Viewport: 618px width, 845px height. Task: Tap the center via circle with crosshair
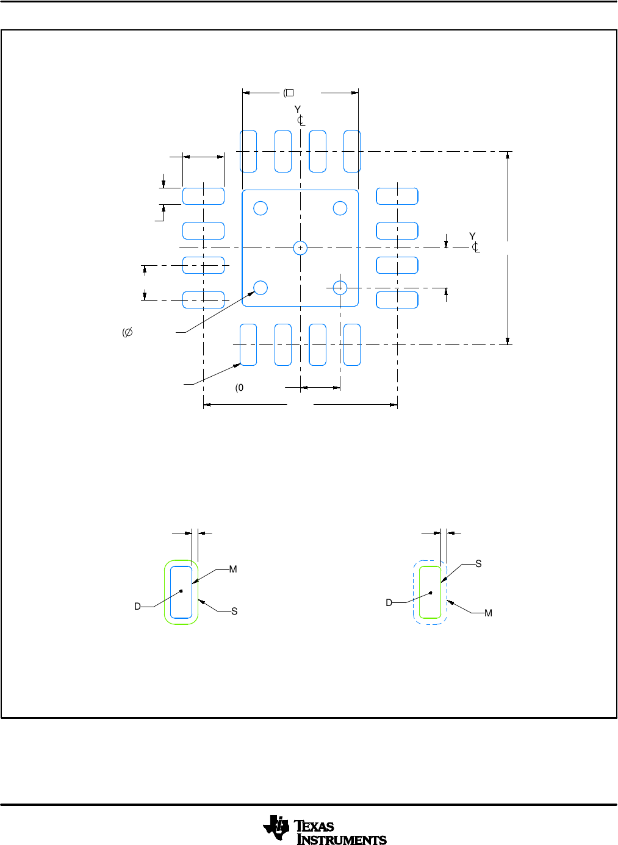(x=300, y=248)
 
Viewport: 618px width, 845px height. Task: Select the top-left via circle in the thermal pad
(x=260, y=209)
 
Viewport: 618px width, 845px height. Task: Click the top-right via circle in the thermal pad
(x=340, y=209)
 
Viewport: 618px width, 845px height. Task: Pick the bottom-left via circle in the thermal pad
(x=260, y=288)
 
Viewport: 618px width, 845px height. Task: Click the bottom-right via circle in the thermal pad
(x=340, y=288)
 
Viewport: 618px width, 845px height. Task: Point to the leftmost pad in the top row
(x=248, y=151)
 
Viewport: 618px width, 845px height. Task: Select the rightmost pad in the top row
(x=352, y=151)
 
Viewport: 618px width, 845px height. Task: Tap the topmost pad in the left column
(x=204, y=196)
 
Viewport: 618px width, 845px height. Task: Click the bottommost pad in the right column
(x=397, y=300)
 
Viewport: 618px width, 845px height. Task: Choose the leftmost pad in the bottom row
(x=248, y=345)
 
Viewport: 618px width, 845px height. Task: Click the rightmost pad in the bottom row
(x=352, y=345)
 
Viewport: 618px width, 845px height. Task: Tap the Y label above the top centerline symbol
(x=298, y=109)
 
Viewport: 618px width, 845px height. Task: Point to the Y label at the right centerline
(x=472, y=236)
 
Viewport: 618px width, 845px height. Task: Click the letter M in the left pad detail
(x=233, y=569)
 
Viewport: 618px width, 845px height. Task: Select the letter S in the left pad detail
(x=234, y=611)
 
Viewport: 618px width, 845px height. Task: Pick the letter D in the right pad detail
(x=389, y=603)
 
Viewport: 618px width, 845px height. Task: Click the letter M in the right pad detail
(x=488, y=613)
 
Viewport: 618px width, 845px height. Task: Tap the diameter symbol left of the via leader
(x=128, y=332)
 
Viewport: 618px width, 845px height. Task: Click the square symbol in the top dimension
(x=290, y=93)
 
